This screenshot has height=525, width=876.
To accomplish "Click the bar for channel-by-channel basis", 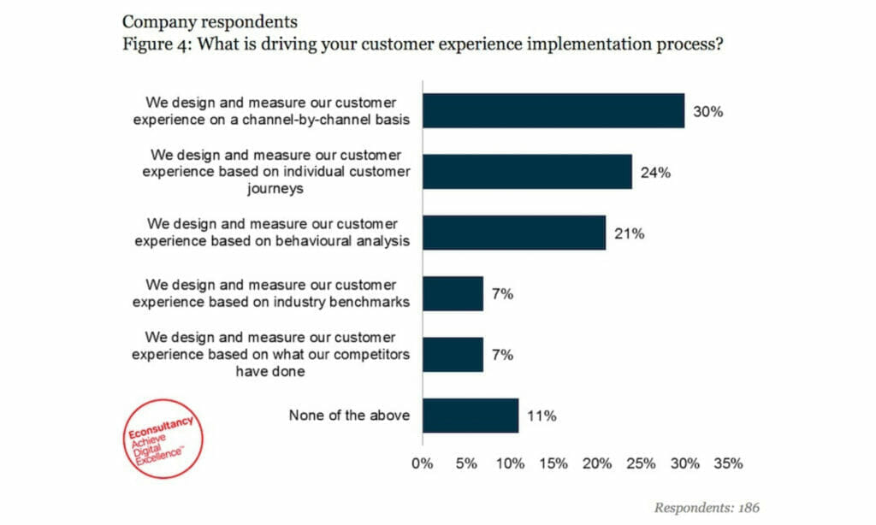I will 553,111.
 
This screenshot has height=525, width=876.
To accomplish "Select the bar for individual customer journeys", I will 527,172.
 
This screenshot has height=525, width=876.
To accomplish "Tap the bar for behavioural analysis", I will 513,233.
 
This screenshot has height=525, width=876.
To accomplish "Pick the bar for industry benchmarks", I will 453,293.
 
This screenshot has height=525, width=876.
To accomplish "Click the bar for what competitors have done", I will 453,354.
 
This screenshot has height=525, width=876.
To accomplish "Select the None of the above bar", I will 470,416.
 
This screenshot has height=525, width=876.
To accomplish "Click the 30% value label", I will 708,111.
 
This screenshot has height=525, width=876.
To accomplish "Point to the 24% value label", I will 655,172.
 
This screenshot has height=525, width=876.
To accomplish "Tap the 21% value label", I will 629,233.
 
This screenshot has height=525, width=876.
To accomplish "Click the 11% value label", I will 542,416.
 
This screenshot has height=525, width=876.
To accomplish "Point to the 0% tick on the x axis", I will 423,463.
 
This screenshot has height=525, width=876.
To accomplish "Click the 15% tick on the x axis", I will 553,463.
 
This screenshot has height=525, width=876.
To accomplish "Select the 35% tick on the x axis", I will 728,463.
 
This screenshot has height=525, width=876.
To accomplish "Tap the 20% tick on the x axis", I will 597,463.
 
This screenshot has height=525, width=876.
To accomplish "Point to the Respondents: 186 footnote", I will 706,507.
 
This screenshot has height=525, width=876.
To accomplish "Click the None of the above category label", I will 349,416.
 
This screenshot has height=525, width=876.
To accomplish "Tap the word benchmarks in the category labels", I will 370,301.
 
